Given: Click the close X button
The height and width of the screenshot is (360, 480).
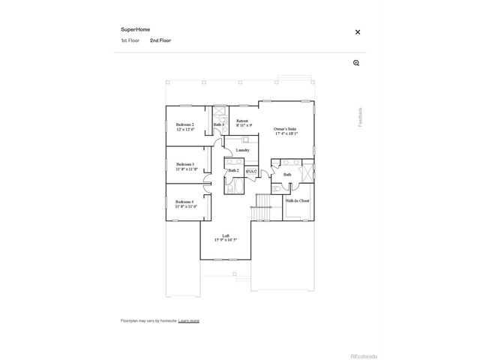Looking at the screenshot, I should pyautogui.click(x=358, y=32).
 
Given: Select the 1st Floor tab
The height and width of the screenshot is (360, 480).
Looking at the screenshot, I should pyautogui.click(x=130, y=40).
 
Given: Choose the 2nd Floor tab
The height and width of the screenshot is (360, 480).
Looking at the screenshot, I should pyautogui.click(x=160, y=40).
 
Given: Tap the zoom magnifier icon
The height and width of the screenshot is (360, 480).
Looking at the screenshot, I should pyautogui.click(x=356, y=63).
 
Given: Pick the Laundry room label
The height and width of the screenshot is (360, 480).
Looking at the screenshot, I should pyautogui.click(x=242, y=150).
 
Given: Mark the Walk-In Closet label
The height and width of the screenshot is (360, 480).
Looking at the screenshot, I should pyautogui.click(x=297, y=201).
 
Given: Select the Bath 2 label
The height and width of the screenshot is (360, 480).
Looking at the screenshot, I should pyautogui.click(x=233, y=171).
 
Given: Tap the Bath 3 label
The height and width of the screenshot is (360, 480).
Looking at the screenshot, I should pyautogui.click(x=218, y=124).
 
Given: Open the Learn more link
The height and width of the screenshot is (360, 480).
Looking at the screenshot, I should pyautogui.click(x=189, y=320).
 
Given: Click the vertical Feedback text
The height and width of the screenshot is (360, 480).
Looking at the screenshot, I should pyautogui.click(x=360, y=115).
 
